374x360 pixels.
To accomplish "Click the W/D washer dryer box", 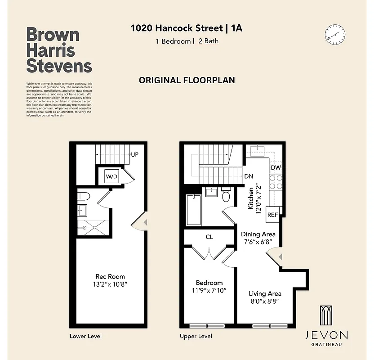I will point(111,176).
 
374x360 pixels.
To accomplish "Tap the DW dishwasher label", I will point(276,168).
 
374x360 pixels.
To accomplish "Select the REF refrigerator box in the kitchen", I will point(272,215).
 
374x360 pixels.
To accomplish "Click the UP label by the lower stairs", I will point(134,154).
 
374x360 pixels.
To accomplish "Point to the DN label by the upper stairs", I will point(248,177).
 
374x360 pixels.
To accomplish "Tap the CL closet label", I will point(209,237).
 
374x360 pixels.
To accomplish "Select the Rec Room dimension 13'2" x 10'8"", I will point(110,284).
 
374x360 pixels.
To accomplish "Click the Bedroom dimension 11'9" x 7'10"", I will point(209,290).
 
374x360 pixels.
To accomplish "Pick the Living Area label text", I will point(265,293).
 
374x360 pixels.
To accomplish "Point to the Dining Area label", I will point(258,234).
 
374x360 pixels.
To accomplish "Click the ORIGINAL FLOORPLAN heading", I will point(187,81).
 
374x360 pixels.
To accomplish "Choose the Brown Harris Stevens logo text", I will point(59,50).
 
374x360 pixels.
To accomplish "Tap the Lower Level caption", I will point(86,336).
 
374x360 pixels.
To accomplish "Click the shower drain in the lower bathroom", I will point(94,227).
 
